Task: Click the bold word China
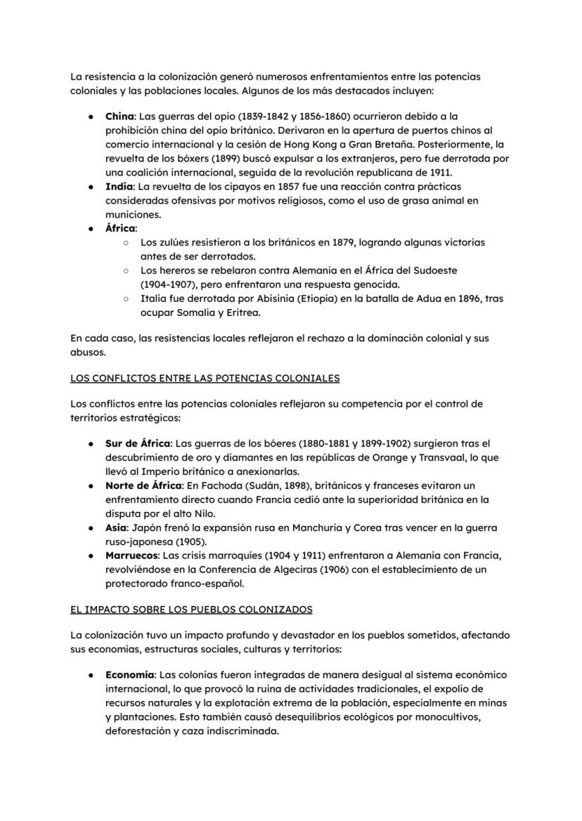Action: (119, 116)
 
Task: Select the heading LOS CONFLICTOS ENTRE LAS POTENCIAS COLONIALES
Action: (205, 378)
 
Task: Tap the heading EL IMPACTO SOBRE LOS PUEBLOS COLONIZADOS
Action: (192, 609)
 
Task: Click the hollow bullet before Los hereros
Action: (124, 270)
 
